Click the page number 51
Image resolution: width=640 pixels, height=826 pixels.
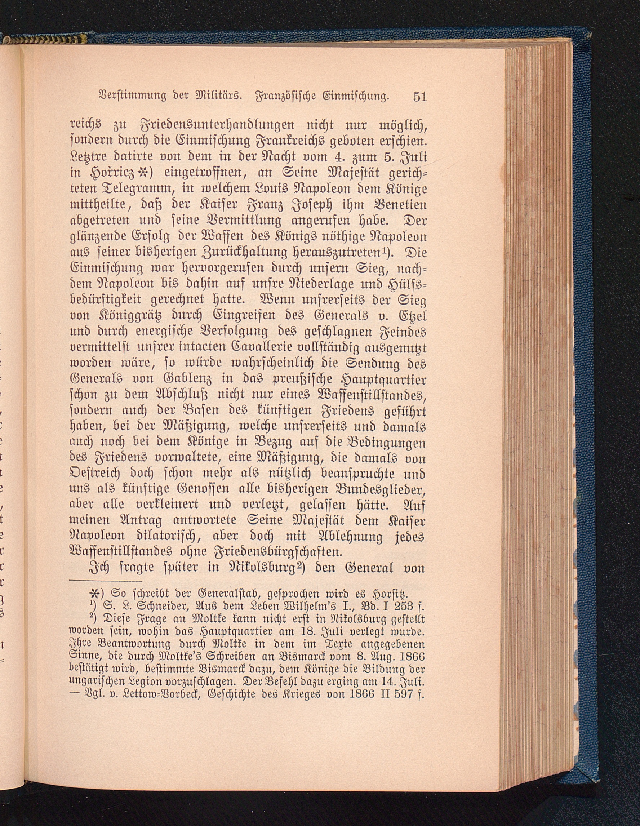(420, 97)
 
